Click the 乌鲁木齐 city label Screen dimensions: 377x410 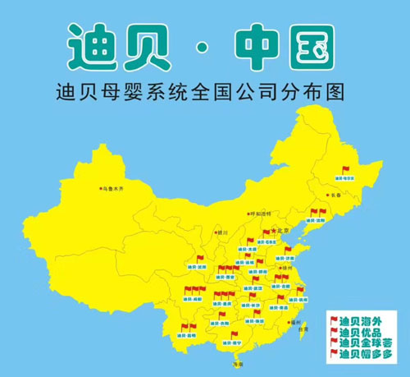tap(114, 188)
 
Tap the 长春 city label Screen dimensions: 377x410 tap(335, 195)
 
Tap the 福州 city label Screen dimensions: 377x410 tap(294, 323)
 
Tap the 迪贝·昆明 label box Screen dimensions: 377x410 tap(187, 337)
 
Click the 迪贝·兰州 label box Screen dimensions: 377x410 tap(198, 268)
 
